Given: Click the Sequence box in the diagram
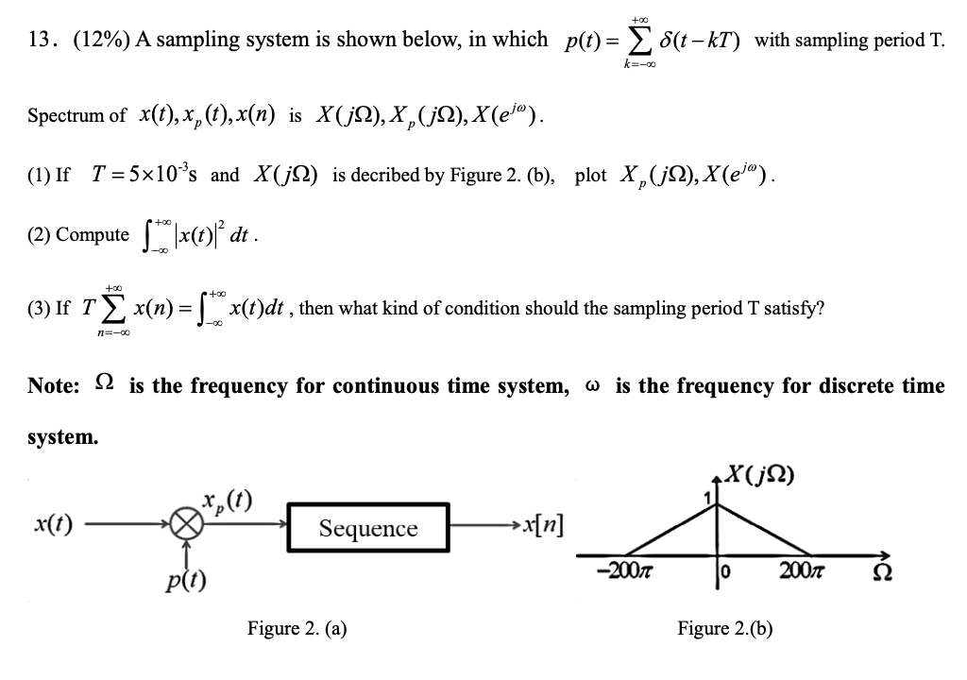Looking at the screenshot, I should point(367,528).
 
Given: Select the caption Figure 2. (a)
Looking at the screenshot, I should point(297,628).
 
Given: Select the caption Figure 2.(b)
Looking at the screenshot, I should point(725,628).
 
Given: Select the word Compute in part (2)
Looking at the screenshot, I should point(92,234).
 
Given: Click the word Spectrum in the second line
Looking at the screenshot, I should point(76,116).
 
